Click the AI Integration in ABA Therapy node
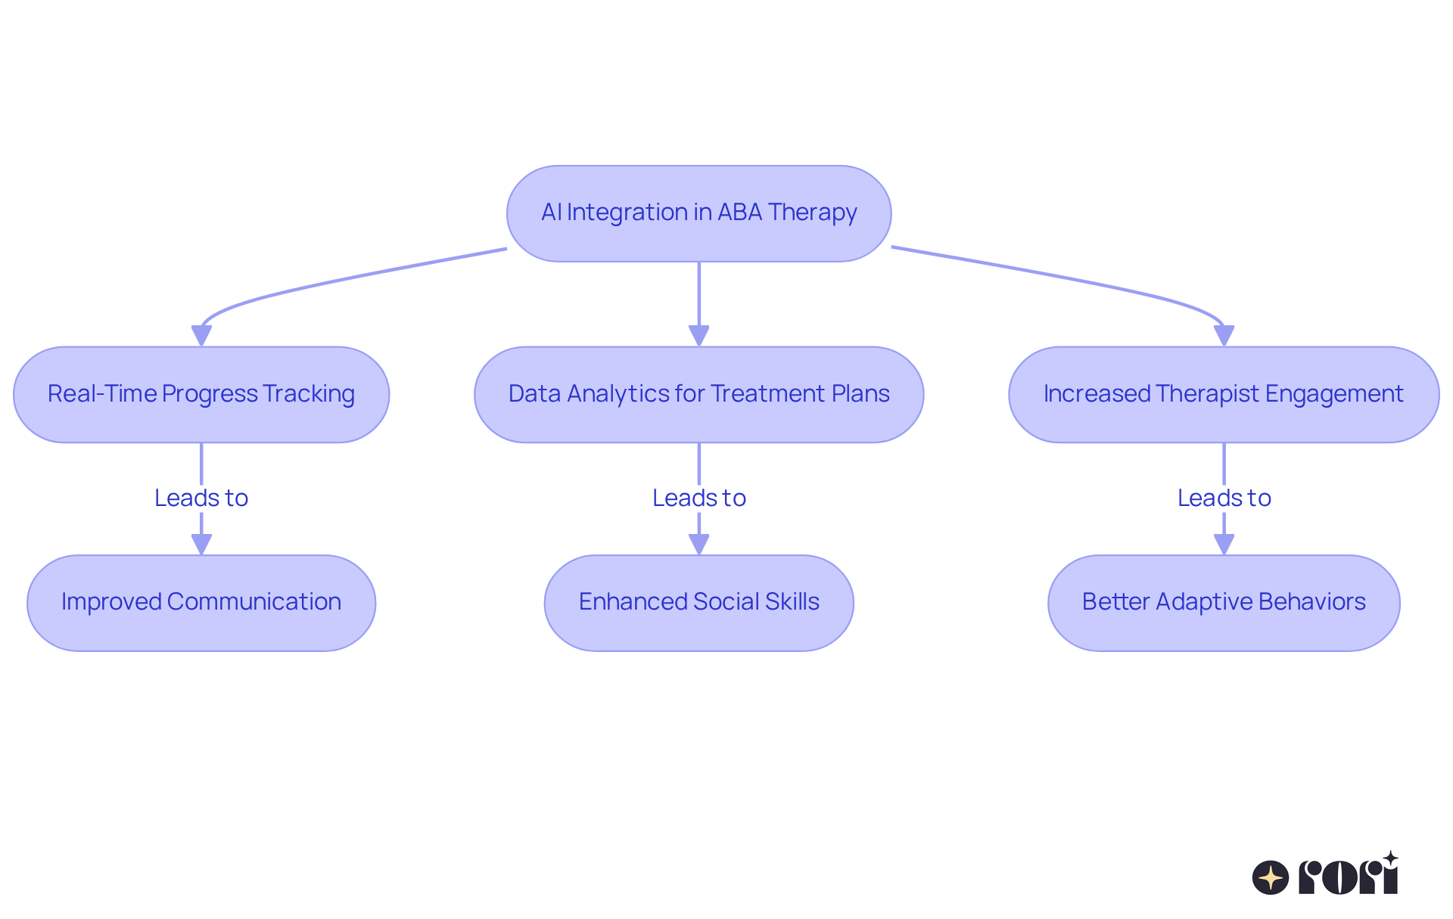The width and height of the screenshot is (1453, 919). (x=698, y=213)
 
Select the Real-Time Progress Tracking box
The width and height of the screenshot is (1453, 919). (x=201, y=394)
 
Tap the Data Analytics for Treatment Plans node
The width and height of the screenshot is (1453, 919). (x=698, y=394)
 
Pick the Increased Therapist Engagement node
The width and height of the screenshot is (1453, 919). (x=1224, y=394)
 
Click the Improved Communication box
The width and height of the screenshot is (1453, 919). (x=201, y=603)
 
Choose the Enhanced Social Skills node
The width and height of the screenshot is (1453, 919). (x=698, y=603)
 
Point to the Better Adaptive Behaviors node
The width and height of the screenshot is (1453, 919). (x=1224, y=603)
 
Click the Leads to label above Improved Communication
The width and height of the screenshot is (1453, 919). (x=201, y=498)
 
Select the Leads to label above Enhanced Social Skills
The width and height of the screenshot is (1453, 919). (x=698, y=498)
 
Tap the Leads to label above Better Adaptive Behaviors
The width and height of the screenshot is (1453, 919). (x=1224, y=498)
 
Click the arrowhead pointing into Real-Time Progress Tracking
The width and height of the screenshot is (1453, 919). (x=201, y=335)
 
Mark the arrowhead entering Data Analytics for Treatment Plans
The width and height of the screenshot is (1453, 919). (x=698, y=335)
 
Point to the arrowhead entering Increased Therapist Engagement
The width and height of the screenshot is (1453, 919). (x=1224, y=335)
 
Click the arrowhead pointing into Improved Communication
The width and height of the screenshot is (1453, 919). (x=201, y=544)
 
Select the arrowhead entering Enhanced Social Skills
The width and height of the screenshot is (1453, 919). (x=698, y=544)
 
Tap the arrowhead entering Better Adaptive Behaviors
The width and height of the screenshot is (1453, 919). (x=1224, y=544)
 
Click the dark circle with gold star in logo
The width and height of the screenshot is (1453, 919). (x=1270, y=877)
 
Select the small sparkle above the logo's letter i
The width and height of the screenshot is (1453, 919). (x=1390, y=858)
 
